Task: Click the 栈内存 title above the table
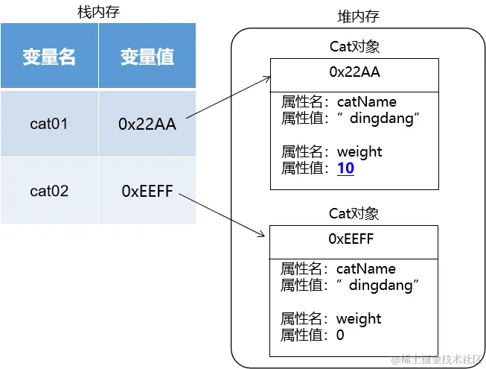(x=98, y=12)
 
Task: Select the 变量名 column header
(x=49, y=57)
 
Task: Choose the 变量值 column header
(x=147, y=57)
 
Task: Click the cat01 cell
(x=49, y=124)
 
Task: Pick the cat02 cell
(x=49, y=191)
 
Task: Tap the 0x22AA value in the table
(x=147, y=124)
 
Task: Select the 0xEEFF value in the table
(x=147, y=192)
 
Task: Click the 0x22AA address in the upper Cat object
(x=354, y=72)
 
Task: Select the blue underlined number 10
(x=345, y=168)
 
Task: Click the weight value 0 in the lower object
(x=340, y=335)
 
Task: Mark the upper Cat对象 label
(x=354, y=46)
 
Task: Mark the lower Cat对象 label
(x=354, y=214)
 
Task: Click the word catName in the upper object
(x=366, y=102)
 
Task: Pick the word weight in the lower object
(x=359, y=319)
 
